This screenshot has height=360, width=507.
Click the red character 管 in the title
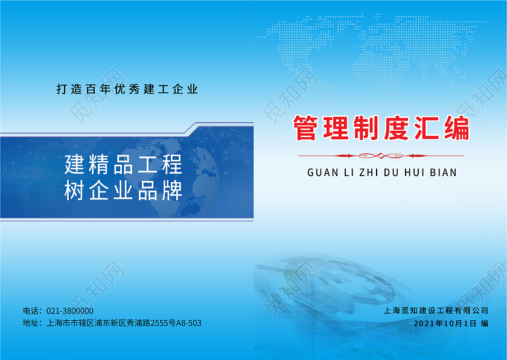(305, 128)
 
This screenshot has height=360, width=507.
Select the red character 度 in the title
(396, 128)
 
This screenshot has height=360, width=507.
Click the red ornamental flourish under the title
(381, 155)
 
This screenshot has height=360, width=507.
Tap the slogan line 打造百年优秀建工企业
(127, 90)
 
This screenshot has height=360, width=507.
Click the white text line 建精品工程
(123, 164)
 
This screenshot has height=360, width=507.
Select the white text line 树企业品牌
(123, 191)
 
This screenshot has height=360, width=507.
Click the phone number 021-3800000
(70, 311)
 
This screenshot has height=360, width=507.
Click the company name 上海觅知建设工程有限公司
(436, 311)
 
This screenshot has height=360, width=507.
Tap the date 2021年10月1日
(445, 323)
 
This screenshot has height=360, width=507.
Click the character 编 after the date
(485, 323)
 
